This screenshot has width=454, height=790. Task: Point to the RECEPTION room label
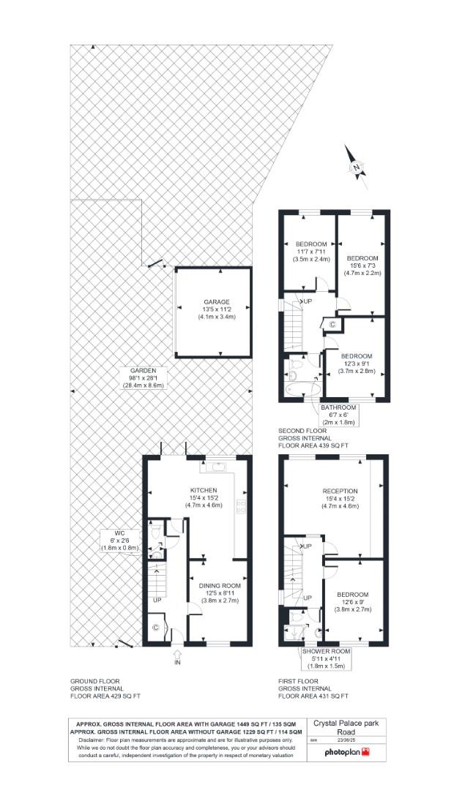[x=340, y=497]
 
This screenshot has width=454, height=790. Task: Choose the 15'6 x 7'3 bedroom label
[x=362, y=265]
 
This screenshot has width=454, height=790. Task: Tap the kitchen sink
[x=217, y=464]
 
